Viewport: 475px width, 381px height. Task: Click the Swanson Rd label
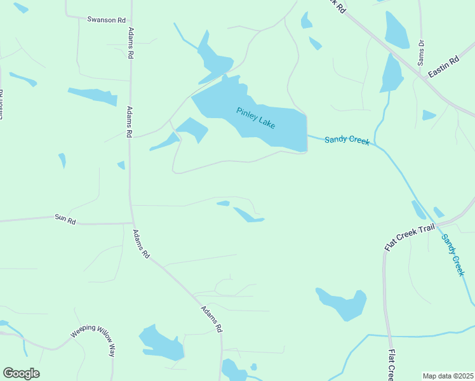point(106,20)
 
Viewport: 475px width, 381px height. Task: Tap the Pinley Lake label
point(256,118)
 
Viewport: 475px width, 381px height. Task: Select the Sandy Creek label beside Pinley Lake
point(347,140)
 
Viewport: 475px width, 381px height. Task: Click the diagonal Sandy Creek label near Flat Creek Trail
point(453,255)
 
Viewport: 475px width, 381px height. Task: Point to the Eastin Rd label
point(443,67)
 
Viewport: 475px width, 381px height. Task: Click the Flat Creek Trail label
point(410,235)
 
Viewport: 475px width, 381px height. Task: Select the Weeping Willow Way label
point(93,340)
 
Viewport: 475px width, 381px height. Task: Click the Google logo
point(21,373)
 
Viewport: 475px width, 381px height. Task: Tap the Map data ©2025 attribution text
point(448,376)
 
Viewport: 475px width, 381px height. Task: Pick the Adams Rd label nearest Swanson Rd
point(131,43)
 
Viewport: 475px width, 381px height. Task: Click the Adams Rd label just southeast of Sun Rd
point(141,244)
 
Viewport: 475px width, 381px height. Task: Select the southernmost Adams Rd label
point(211,319)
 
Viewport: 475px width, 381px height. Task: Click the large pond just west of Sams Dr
point(396,28)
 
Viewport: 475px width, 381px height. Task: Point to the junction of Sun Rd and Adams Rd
point(132,223)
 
